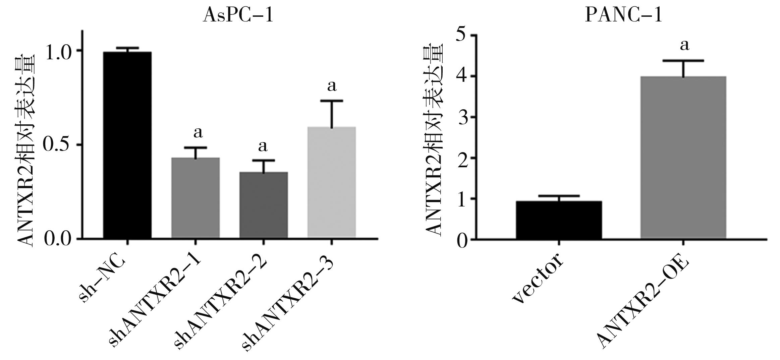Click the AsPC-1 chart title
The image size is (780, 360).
238,15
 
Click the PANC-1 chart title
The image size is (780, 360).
624,15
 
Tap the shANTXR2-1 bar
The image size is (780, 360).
196,198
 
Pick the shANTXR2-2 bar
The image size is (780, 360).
264,205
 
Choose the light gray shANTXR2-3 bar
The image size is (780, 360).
332,182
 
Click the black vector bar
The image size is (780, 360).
559,220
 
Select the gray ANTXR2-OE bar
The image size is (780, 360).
683,158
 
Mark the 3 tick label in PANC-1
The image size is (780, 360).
463,117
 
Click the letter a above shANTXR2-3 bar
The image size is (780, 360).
332,86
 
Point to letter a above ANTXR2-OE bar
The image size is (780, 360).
684,45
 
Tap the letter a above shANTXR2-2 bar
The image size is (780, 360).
263,146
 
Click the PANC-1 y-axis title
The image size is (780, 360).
434,141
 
